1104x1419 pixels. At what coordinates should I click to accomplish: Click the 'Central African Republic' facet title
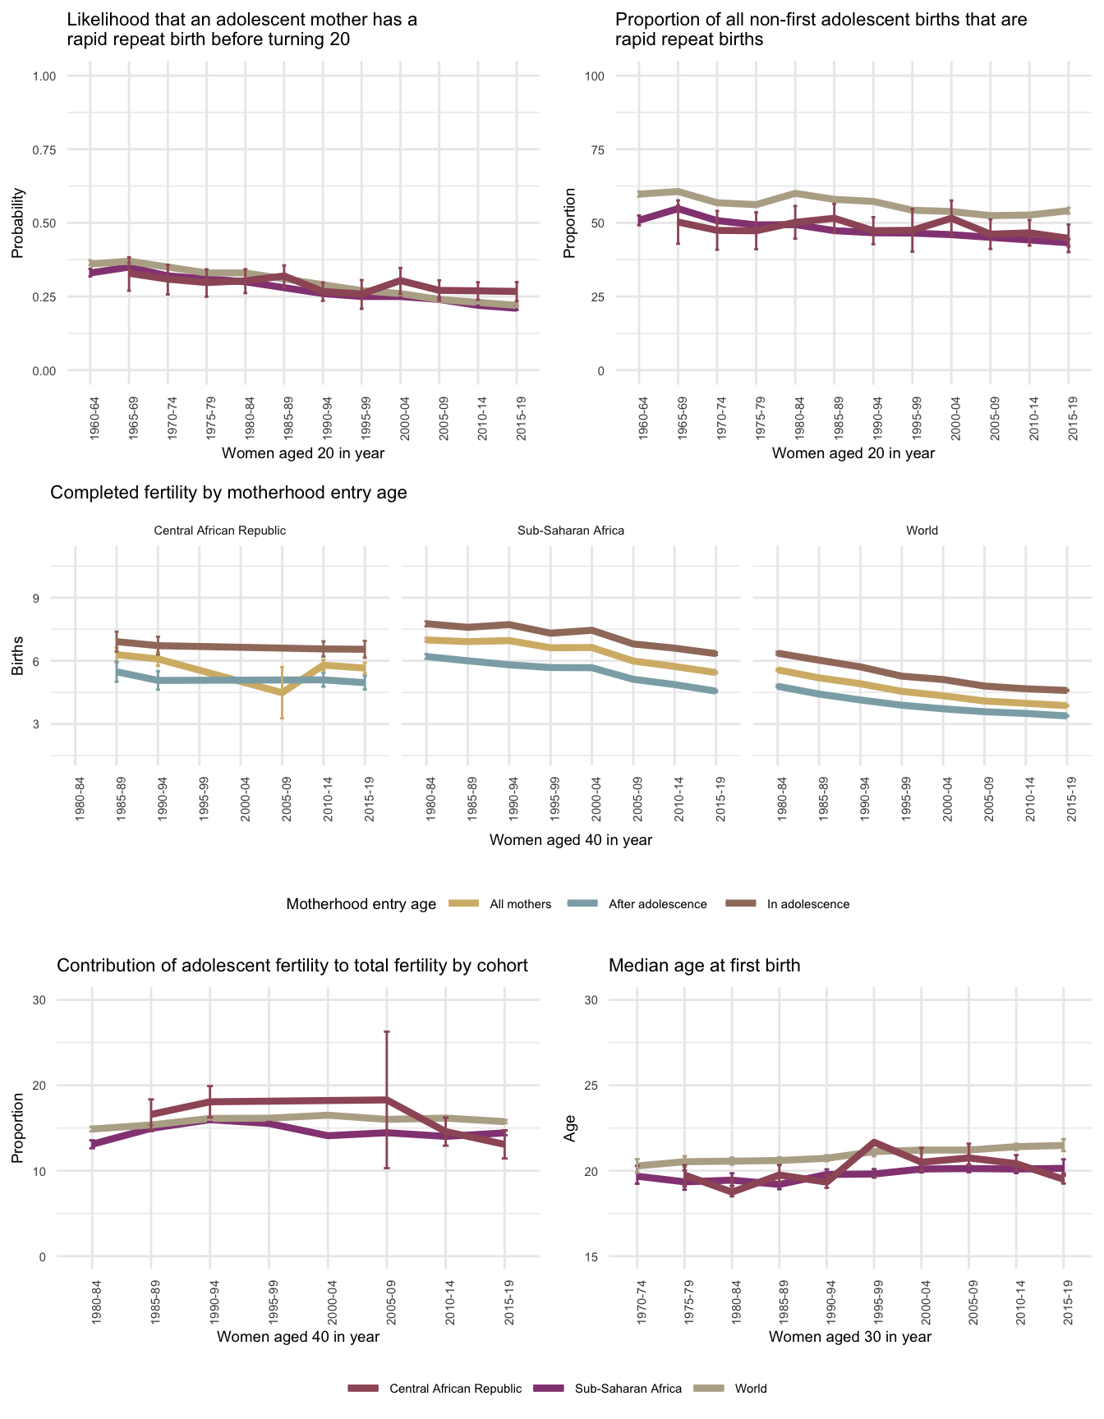pyautogui.click(x=219, y=530)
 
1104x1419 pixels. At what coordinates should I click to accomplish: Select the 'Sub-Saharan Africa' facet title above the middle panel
pyautogui.click(x=571, y=530)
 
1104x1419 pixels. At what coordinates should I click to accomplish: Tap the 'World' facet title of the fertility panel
pyautogui.click(x=922, y=530)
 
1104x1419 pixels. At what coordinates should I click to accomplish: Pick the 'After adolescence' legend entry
pyautogui.click(x=657, y=904)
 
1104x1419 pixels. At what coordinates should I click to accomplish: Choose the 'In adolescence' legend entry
pyautogui.click(x=807, y=904)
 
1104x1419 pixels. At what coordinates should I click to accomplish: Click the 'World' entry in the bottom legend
pyautogui.click(x=750, y=1389)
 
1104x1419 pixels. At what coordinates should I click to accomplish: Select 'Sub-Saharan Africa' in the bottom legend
pyautogui.click(x=628, y=1389)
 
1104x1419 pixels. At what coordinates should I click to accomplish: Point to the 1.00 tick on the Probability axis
pyautogui.click(x=44, y=76)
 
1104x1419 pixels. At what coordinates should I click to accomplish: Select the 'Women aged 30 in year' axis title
pyautogui.click(x=850, y=1337)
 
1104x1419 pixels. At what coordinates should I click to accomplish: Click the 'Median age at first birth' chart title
pyautogui.click(x=704, y=966)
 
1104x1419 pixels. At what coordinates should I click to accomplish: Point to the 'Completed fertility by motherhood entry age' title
pyautogui.click(x=228, y=493)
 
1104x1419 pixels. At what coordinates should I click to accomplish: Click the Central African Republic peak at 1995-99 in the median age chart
pyautogui.click(x=874, y=1142)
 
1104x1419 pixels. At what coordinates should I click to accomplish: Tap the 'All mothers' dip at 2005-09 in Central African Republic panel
pyautogui.click(x=282, y=693)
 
